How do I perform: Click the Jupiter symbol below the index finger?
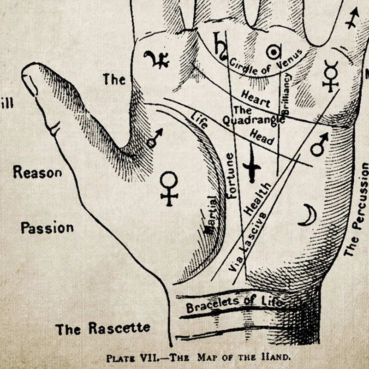point(156,60)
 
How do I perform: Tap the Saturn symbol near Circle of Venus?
point(220,45)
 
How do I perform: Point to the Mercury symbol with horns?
point(330,76)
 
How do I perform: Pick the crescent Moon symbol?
point(308,215)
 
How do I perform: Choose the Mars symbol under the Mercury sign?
point(319,144)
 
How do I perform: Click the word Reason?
point(37,173)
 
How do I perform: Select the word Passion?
point(47,227)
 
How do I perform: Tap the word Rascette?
point(119,328)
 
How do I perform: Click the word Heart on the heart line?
point(256,97)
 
